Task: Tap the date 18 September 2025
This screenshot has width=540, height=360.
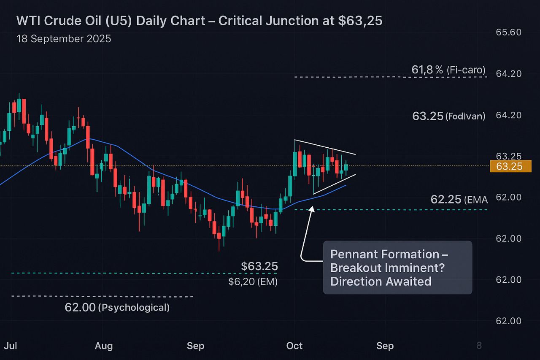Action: click(64, 39)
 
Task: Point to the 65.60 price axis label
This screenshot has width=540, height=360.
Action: click(508, 32)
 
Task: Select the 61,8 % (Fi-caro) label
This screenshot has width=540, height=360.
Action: click(448, 70)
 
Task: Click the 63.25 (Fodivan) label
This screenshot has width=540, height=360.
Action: click(448, 116)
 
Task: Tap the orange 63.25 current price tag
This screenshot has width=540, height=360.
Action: click(509, 167)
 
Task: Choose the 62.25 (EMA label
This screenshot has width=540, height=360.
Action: click(459, 200)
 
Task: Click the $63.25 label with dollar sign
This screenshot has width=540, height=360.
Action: click(259, 266)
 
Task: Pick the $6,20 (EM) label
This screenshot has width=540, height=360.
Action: click(253, 282)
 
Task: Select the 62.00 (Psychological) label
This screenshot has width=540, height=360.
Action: click(117, 308)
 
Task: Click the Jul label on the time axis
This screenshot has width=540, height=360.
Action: click(11, 346)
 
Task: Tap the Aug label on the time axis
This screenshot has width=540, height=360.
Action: click(104, 346)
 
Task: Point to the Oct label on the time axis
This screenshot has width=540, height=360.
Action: click(294, 346)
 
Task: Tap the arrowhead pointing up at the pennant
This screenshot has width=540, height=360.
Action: click(312, 208)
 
